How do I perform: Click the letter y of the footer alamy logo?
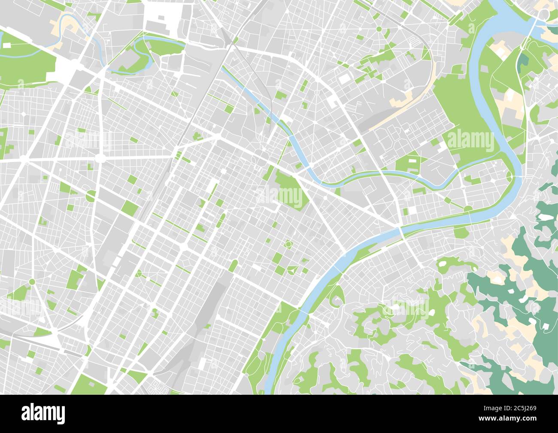click(61, 415)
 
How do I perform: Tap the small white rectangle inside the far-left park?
click(7, 45)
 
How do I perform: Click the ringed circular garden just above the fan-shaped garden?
click(288, 245)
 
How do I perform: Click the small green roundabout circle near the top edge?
click(379, 29)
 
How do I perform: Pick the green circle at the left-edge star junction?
click(32, 281)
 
